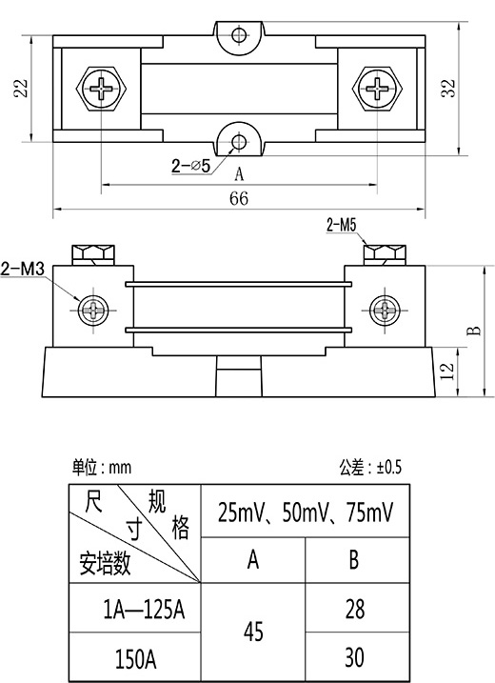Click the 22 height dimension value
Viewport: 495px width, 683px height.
tap(21, 89)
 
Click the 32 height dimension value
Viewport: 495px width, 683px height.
tap(448, 89)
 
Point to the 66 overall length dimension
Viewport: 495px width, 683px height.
tap(239, 199)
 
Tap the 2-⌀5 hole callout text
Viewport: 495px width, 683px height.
tap(190, 166)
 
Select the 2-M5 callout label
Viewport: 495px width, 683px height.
tap(342, 225)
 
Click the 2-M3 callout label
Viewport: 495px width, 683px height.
tap(22, 269)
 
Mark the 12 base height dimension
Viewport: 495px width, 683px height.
tap(447, 372)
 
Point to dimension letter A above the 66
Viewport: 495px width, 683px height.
tap(239, 174)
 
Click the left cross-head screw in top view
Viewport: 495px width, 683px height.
tap(102, 89)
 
